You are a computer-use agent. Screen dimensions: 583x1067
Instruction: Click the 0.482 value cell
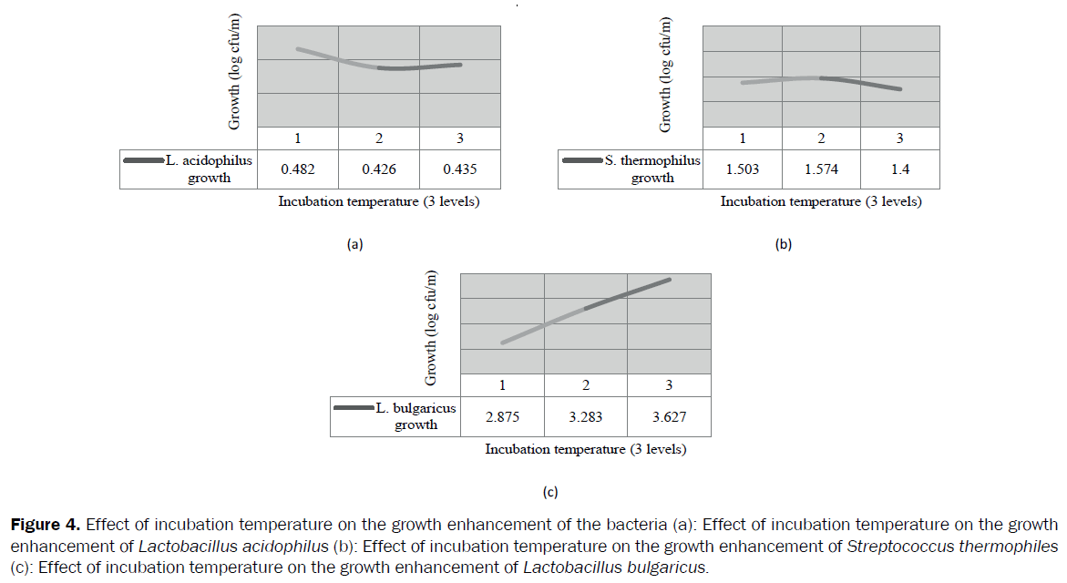click(297, 169)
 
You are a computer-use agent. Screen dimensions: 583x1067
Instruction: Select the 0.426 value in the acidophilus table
click(379, 169)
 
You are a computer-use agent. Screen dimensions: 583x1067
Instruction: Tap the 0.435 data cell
click(460, 169)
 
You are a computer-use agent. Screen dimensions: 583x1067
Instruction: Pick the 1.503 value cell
click(742, 169)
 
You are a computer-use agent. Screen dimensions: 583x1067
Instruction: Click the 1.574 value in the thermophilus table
click(821, 169)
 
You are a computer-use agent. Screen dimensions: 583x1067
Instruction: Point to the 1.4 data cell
click(900, 169)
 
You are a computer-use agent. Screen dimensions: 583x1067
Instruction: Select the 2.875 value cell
click(502, 417)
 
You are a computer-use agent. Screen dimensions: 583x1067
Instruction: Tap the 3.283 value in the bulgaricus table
click(585, 417)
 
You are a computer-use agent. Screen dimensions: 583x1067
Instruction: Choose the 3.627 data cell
click(669, 417)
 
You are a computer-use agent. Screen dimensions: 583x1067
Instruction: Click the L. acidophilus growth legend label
click(209, 169)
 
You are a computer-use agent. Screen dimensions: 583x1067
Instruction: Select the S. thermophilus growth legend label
click(652, 169)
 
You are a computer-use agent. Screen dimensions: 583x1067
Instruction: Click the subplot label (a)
click(355, 243)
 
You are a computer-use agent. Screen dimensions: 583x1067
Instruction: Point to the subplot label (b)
click(784, 243)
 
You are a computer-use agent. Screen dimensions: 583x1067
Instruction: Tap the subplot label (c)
click(549, 492)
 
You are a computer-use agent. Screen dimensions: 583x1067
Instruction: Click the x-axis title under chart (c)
click(585, 449)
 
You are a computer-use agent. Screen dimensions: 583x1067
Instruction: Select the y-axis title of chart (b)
click(666, 75)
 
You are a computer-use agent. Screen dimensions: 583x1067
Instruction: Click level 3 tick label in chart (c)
click(669, 385)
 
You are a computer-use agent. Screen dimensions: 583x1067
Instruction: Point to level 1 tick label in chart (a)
click(297, 138)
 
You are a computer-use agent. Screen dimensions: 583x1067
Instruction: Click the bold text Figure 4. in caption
click(45, 526)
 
